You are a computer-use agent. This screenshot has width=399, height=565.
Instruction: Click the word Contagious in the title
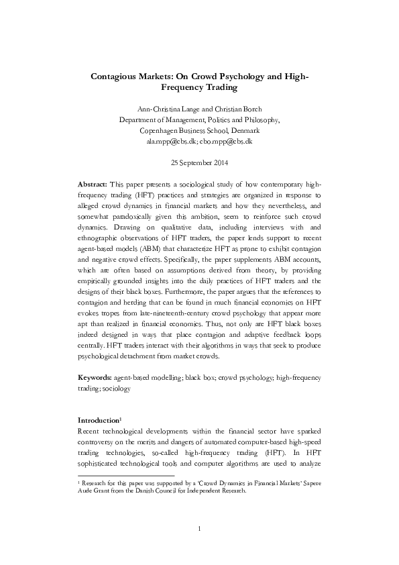[116, 76]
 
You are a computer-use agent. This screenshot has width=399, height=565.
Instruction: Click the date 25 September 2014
[199, 163]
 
